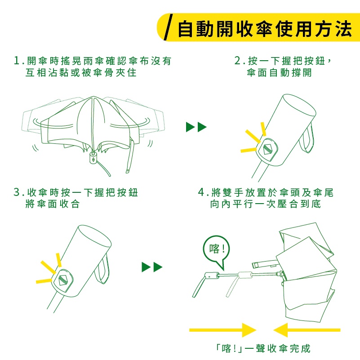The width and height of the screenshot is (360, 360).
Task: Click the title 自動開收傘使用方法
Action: click(265, 28)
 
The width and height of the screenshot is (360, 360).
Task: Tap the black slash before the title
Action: click(168, 27)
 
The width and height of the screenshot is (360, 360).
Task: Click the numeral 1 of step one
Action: click(16, 61)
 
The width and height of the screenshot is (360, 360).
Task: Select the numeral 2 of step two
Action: click(237, 61)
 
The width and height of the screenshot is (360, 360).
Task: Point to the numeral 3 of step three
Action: click(17, 192)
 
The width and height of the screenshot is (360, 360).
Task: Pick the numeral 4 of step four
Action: click(201, 192)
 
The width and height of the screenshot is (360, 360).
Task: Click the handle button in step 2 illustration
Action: click(267, 149)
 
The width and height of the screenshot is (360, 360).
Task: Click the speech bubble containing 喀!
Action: click(216, 250)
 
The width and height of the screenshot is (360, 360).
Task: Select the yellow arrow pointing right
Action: click(222, 330)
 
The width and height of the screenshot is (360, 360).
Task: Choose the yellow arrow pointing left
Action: click(307, 330)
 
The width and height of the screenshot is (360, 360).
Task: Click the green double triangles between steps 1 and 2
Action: click(196, 127)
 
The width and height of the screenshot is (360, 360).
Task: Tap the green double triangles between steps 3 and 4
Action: click(152, 267)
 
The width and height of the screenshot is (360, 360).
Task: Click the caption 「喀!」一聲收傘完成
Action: click(263, 348)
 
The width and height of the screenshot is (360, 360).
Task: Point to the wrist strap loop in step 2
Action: click(307, 139)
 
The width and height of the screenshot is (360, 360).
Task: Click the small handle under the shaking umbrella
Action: click(93, 157)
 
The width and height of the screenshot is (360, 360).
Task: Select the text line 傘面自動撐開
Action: click(279, 72)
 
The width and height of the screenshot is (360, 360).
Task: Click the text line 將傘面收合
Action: click(53, 204)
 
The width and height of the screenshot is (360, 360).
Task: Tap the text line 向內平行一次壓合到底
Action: click(266, 204)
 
